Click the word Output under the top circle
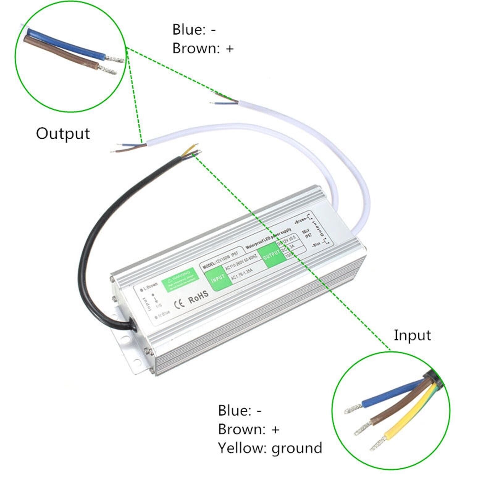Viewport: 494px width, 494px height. point(63,133)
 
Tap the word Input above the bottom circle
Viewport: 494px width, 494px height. point(412,335)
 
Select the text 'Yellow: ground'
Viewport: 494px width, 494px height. point(270,448)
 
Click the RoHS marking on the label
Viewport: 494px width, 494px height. point(199,296)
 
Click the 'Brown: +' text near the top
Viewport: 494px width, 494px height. point(203,48)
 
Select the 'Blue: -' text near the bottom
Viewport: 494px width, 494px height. point(240,410)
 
